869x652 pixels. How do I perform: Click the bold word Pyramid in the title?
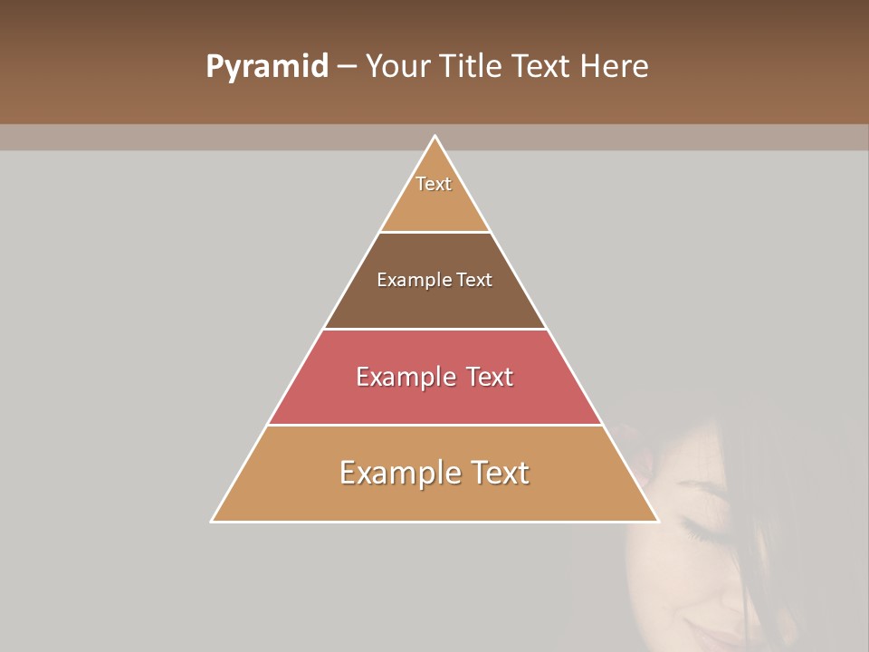tap(267, 67)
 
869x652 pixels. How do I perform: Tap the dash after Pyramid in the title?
tap(347, 67)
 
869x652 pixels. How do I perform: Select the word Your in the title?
tap(394, 67)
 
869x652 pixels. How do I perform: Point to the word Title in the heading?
tap(469, 67)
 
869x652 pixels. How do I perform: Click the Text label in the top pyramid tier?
tap(434, 184)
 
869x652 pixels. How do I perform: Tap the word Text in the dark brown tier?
tap(474, 281)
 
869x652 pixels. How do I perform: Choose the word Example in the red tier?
tap(403, 377)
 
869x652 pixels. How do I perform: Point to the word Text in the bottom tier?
tap(499, 473)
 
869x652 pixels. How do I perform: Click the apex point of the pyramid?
tap(434, 137)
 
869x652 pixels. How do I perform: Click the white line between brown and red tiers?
tap(434, 329)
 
